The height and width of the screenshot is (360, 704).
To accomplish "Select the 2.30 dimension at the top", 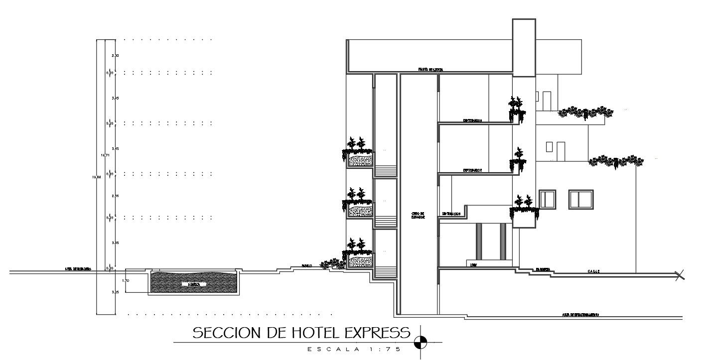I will (115, 55).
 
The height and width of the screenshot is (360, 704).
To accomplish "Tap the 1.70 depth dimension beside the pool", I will (126, 281).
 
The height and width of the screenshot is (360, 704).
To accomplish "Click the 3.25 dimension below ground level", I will (115, 292).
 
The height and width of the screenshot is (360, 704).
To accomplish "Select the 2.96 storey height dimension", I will (115, 196).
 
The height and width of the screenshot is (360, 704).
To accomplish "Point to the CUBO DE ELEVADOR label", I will (418, 216).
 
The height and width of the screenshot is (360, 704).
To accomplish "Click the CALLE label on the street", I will (593, 271).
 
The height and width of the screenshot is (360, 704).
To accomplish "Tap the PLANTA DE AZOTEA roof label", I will (430, 69).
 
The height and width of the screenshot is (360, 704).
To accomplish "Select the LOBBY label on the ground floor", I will (473, 265).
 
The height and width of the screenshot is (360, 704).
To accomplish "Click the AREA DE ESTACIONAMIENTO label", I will (580, 315).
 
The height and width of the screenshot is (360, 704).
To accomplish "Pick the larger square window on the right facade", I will (581, 199).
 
